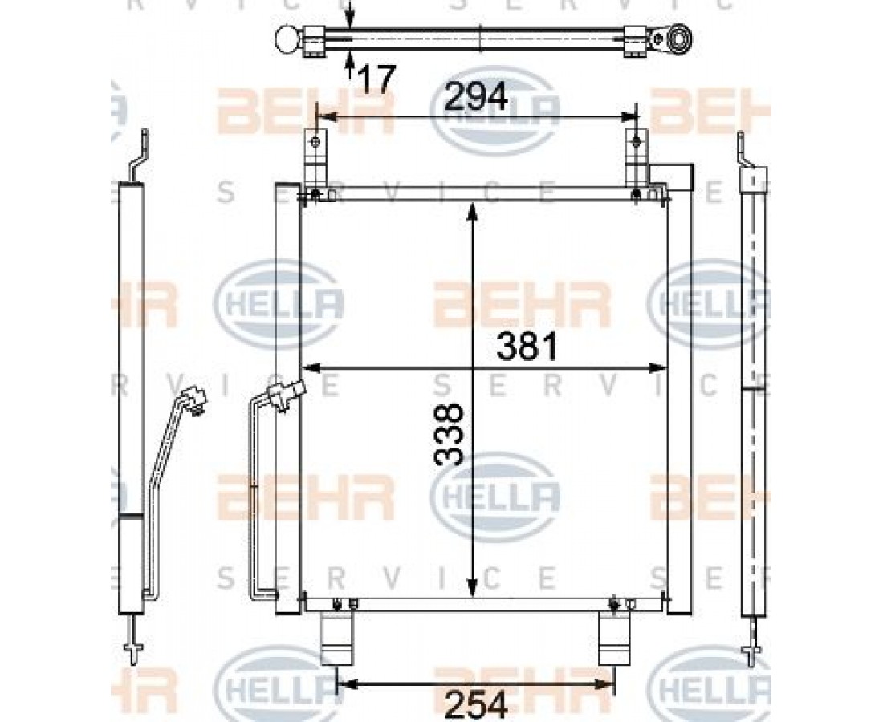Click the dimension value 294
(476, 97)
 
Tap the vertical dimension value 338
(450, 434)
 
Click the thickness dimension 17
(376, 79)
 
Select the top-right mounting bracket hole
(637, 140)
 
